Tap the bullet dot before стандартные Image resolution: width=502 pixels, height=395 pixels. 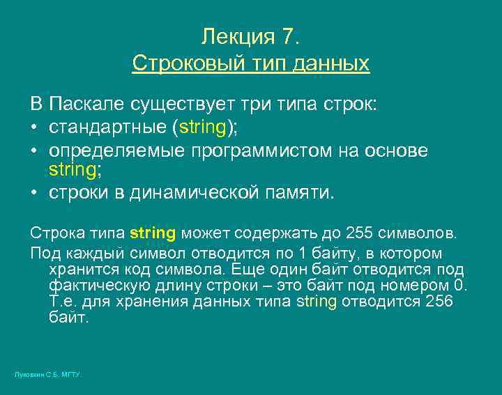[34, 128]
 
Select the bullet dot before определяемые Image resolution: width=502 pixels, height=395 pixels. [34, 151]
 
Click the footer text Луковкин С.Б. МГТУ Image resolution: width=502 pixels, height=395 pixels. [48, 375]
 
